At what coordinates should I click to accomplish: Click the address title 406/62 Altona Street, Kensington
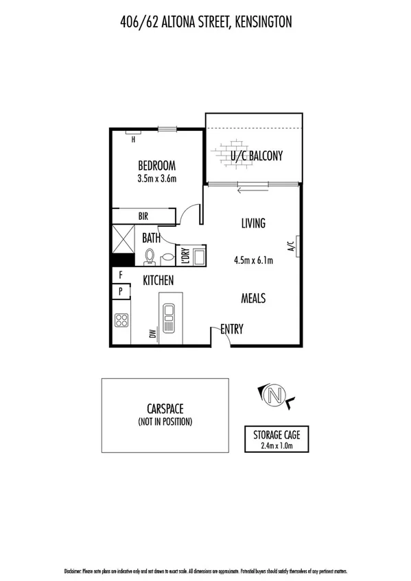point(205,23)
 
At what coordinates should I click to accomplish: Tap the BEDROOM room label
point(156,165)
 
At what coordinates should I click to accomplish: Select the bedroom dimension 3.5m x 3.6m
point(156,179)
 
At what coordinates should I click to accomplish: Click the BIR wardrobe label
point(143,216)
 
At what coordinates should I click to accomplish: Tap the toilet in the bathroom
point(150,256)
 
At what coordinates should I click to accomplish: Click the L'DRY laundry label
point(184,256)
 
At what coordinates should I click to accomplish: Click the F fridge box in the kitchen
point(121,275)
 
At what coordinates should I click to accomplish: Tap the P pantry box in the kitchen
point(121,290)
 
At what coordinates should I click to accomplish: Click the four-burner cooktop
point(122,321)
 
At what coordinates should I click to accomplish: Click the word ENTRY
point(232,330)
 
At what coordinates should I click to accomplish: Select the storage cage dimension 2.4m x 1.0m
point(278,446)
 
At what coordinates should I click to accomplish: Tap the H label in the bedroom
point(134,139)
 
